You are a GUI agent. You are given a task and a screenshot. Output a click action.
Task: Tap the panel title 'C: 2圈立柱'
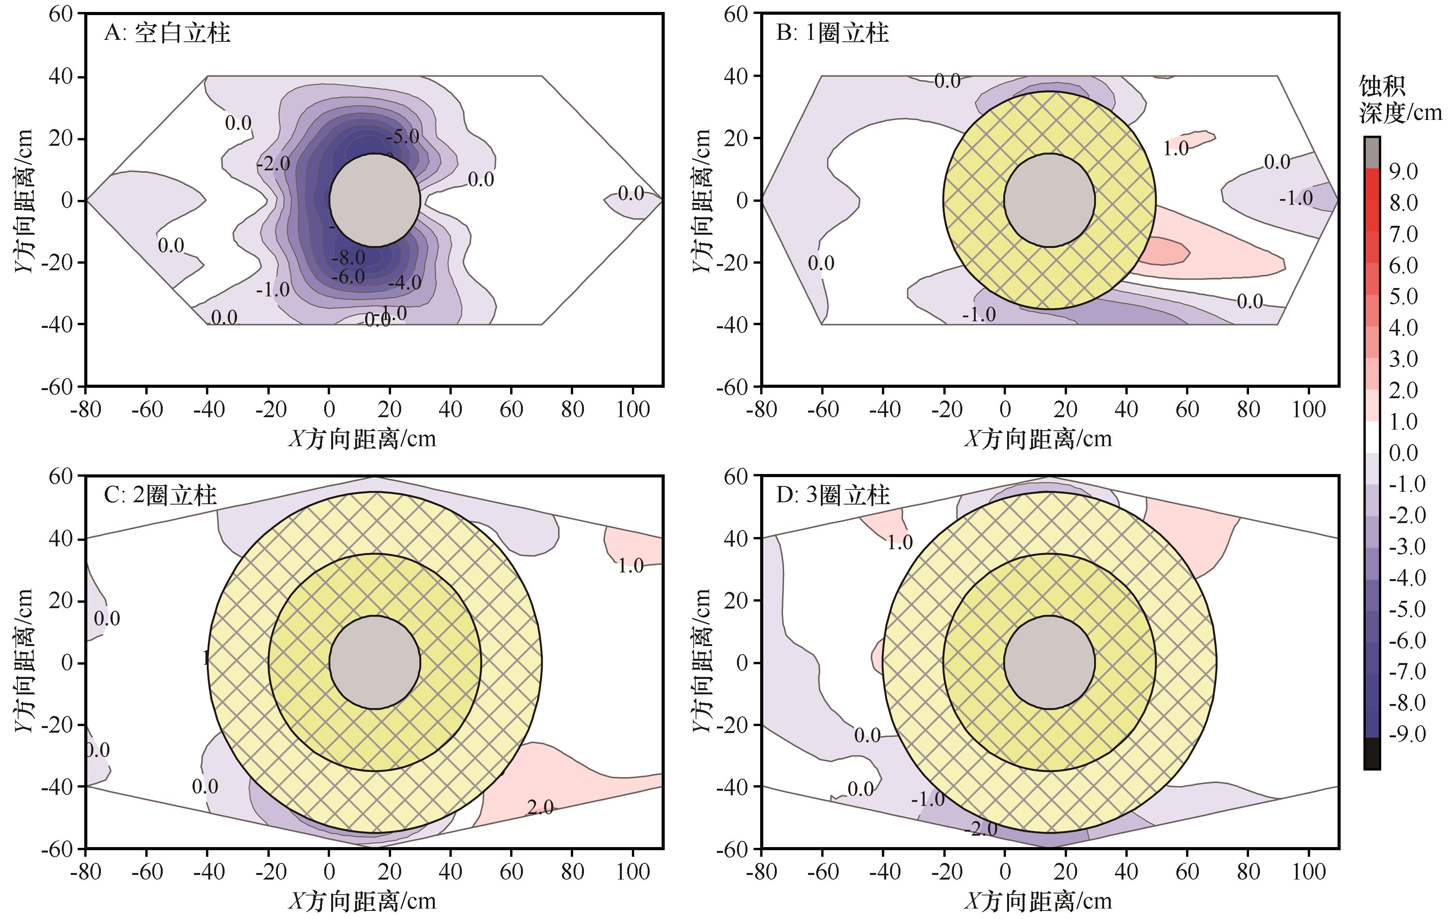tap(160, 495)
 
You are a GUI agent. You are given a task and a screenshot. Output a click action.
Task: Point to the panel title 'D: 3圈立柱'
tap(832, 495)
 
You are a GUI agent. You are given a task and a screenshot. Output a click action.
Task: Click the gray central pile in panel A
tap(374, 200)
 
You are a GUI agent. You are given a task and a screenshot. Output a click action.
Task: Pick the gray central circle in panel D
tap(1049, 662)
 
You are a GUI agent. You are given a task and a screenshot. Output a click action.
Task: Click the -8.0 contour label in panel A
tap(349, 258)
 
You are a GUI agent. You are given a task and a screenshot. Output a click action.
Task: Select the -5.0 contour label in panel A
tap(402, 137)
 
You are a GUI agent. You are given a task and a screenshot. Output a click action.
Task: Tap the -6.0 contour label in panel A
tap(349, 276)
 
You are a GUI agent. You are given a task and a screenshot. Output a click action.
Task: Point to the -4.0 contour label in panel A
tap(405, 283)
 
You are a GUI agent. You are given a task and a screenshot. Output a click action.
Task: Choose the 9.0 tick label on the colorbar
tap(1403, 172)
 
